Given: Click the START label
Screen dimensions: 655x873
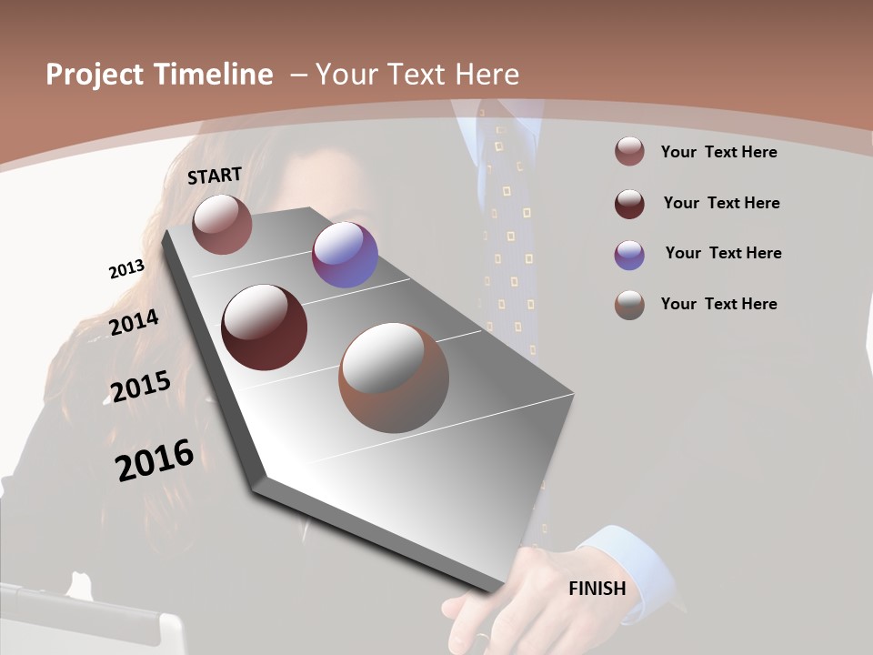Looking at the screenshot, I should (215, 176).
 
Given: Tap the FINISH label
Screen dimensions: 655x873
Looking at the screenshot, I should (597, 589).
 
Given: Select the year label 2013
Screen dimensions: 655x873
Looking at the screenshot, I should (126, 269).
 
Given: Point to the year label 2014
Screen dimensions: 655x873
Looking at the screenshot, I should (134, 322).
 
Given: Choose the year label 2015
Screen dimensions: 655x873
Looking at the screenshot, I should (140, 387).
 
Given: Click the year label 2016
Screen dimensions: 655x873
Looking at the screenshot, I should (155, 459).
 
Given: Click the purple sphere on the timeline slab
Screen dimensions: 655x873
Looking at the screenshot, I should (345, 255).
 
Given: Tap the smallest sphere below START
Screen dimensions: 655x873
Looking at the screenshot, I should (222, 224).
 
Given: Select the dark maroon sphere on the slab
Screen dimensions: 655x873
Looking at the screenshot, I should (264, 327).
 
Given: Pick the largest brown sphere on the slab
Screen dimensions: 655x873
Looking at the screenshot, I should (394, 378).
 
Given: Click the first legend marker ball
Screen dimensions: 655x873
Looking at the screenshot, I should (629, 152).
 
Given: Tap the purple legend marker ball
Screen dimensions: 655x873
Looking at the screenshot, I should (629, 255).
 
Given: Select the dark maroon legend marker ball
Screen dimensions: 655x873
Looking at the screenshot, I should (629, 204).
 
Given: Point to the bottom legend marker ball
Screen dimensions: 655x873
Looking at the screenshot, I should (629, 305).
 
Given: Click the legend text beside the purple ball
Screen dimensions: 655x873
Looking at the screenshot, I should (723, 253).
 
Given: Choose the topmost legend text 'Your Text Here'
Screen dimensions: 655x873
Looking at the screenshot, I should (718, 152).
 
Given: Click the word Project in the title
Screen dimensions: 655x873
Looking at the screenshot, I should (95, 75).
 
